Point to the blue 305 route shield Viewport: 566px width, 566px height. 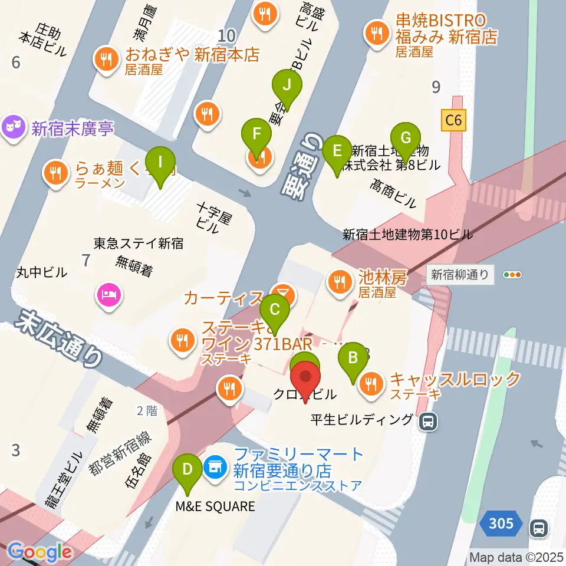click(x=501, y=523)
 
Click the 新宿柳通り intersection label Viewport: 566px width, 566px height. click(x=460, y=274)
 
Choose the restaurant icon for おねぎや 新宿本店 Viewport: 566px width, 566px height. click(x=107, y=58)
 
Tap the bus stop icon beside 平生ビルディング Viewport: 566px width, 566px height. click(x=429, y=421)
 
